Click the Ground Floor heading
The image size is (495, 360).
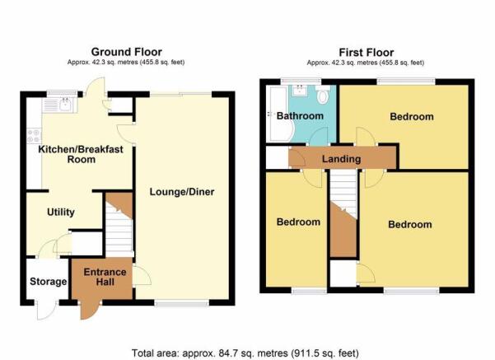pyautogui.click(x=126, y=52)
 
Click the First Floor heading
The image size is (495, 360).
pyautogui.click(x=367, y=52)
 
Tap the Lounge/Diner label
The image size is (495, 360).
pyautogui.click(x=182, y=192)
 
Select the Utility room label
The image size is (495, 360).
pyautogui.click(x=61, y=212)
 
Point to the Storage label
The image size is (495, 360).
pyautogui.click(x=48, y=282)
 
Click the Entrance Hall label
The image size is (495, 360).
pyautogui.click(x=105, y=277)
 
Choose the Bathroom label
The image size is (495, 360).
pyautogui.click(x=300, y=116)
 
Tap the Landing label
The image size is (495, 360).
pyautogui.click(x=341, y=158)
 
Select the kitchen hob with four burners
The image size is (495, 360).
pyautogui.click(x=34, y=135)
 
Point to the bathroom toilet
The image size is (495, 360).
pyautogui.click(x=323, y=95)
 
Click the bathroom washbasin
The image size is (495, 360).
pyautogui.click(x=298, y=91)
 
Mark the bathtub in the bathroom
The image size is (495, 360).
pyautogui.click(x=279, y=114)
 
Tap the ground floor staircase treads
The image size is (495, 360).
pyautogui.click(x=119, y=231)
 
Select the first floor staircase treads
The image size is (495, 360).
pyautogui.click(x=343, y=194)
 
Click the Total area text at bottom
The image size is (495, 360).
pyautogui.click(x=245, y=353)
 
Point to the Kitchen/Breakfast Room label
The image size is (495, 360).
pyautogui.click(x=81, y=154)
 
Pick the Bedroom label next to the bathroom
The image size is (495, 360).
pyautogui.click(x=412, y=116)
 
